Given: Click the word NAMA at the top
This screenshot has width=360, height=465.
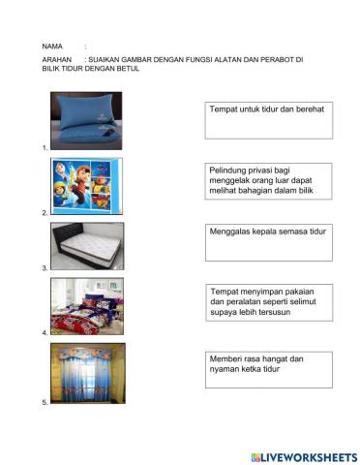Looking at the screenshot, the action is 52,46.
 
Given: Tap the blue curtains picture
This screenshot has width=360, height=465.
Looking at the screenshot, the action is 87,371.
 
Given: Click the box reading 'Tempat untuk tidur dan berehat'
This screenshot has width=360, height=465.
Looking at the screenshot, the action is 268,121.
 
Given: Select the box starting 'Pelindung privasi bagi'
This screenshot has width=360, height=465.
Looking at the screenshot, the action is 268,181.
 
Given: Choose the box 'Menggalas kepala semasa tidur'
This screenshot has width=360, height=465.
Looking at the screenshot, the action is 268,242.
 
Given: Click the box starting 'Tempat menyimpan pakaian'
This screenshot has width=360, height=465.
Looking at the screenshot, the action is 268,302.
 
